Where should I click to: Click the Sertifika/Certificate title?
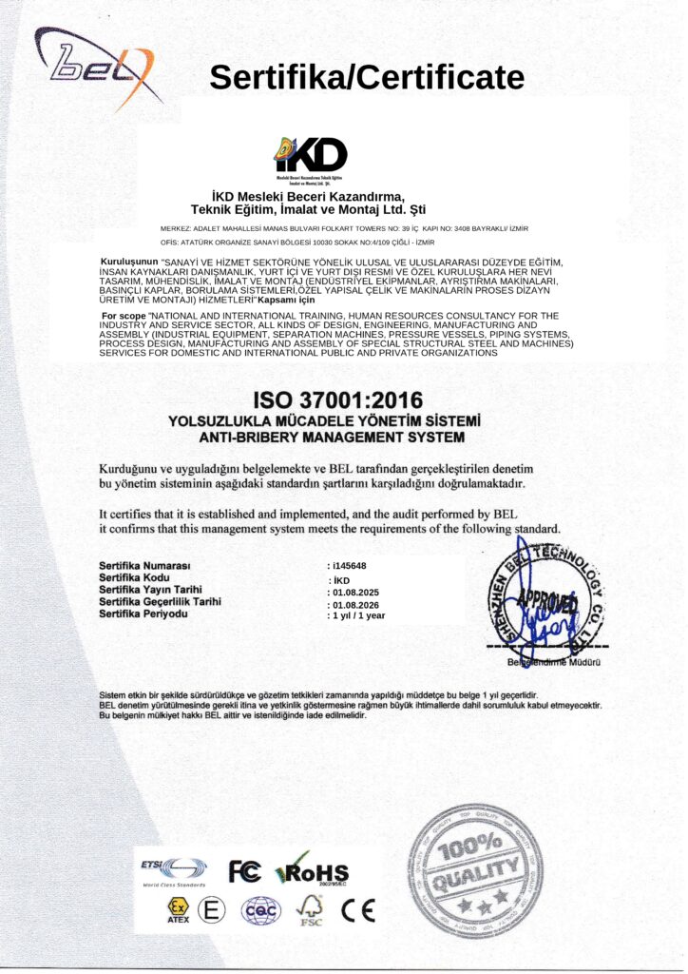point(366,77)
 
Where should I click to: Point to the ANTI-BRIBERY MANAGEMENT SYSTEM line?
point(332,438)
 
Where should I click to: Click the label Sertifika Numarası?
point(145,566)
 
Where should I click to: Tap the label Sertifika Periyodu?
point(143,614)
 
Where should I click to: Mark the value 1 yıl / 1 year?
point(356,615)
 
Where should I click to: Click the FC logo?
point(244,869)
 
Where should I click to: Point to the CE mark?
point(358,910)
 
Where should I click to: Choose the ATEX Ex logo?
point(179,910)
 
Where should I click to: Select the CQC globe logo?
point(260,910)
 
